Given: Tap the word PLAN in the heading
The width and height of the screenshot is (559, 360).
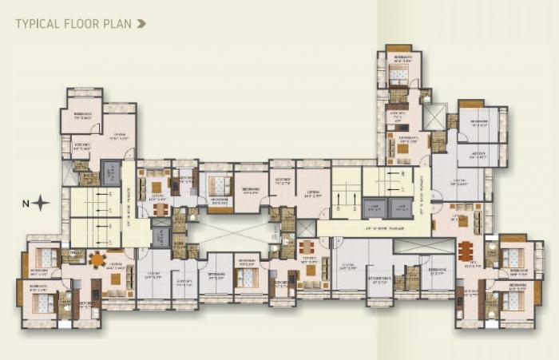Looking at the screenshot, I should [117, 24].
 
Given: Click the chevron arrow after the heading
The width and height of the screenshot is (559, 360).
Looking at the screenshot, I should [141, 24].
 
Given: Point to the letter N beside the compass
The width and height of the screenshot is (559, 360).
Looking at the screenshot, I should [26, 204].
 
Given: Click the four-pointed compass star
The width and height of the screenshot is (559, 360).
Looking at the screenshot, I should [41, 204].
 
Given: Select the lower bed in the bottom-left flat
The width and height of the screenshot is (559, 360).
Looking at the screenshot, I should [42, 303].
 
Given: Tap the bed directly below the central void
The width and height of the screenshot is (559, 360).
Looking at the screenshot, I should [247, 278].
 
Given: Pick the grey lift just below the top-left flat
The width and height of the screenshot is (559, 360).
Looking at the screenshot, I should [111, 172].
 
